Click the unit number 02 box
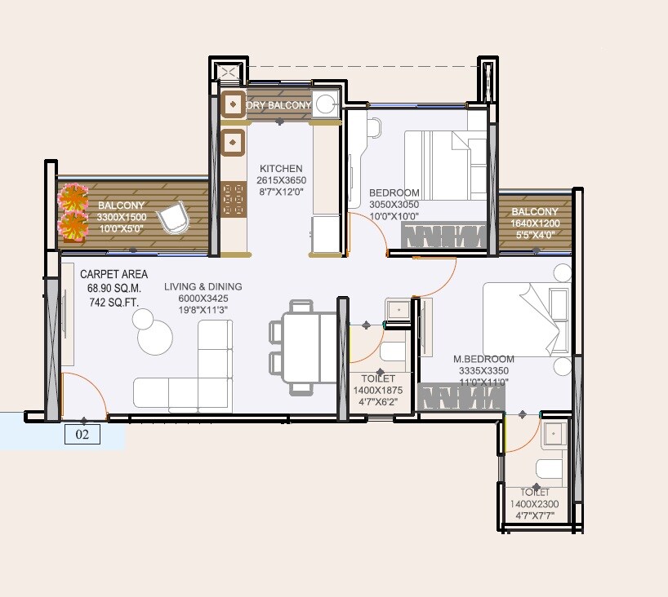pyautogui.click(x=82, y=434)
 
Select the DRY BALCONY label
pyautogui.click(x=278, y=106)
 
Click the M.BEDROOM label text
pyautogui.click(x=484, y=359)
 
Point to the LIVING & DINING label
pyautogui.click(x=203, y=287)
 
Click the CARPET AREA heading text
pyautogui.click(x=115, y=275)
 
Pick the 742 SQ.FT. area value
pyautogui.click(x=115, y=302)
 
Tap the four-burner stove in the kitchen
pyautogui.click(x=234, y=198)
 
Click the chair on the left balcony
pyautogui.click(x=174, y=219)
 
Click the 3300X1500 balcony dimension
pyautogui.click(x=121, y=218)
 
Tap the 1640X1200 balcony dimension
pyautogui.click(x=535, y=223)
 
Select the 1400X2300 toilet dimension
pyautogui.click(x=535, y=504)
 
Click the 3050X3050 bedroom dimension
pyautogui.click(x=394, y=205)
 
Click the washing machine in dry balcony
pyautogui.click(x=327, y=104)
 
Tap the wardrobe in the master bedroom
pyautogui.click(x=461, y=397)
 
